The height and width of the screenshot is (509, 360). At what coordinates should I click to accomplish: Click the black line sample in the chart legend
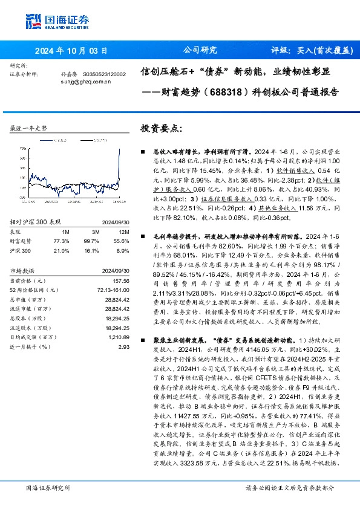[83, 140]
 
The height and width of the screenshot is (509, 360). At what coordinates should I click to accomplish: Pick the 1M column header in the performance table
[65, 213]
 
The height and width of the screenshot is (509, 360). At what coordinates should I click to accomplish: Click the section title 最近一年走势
[29, 129]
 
